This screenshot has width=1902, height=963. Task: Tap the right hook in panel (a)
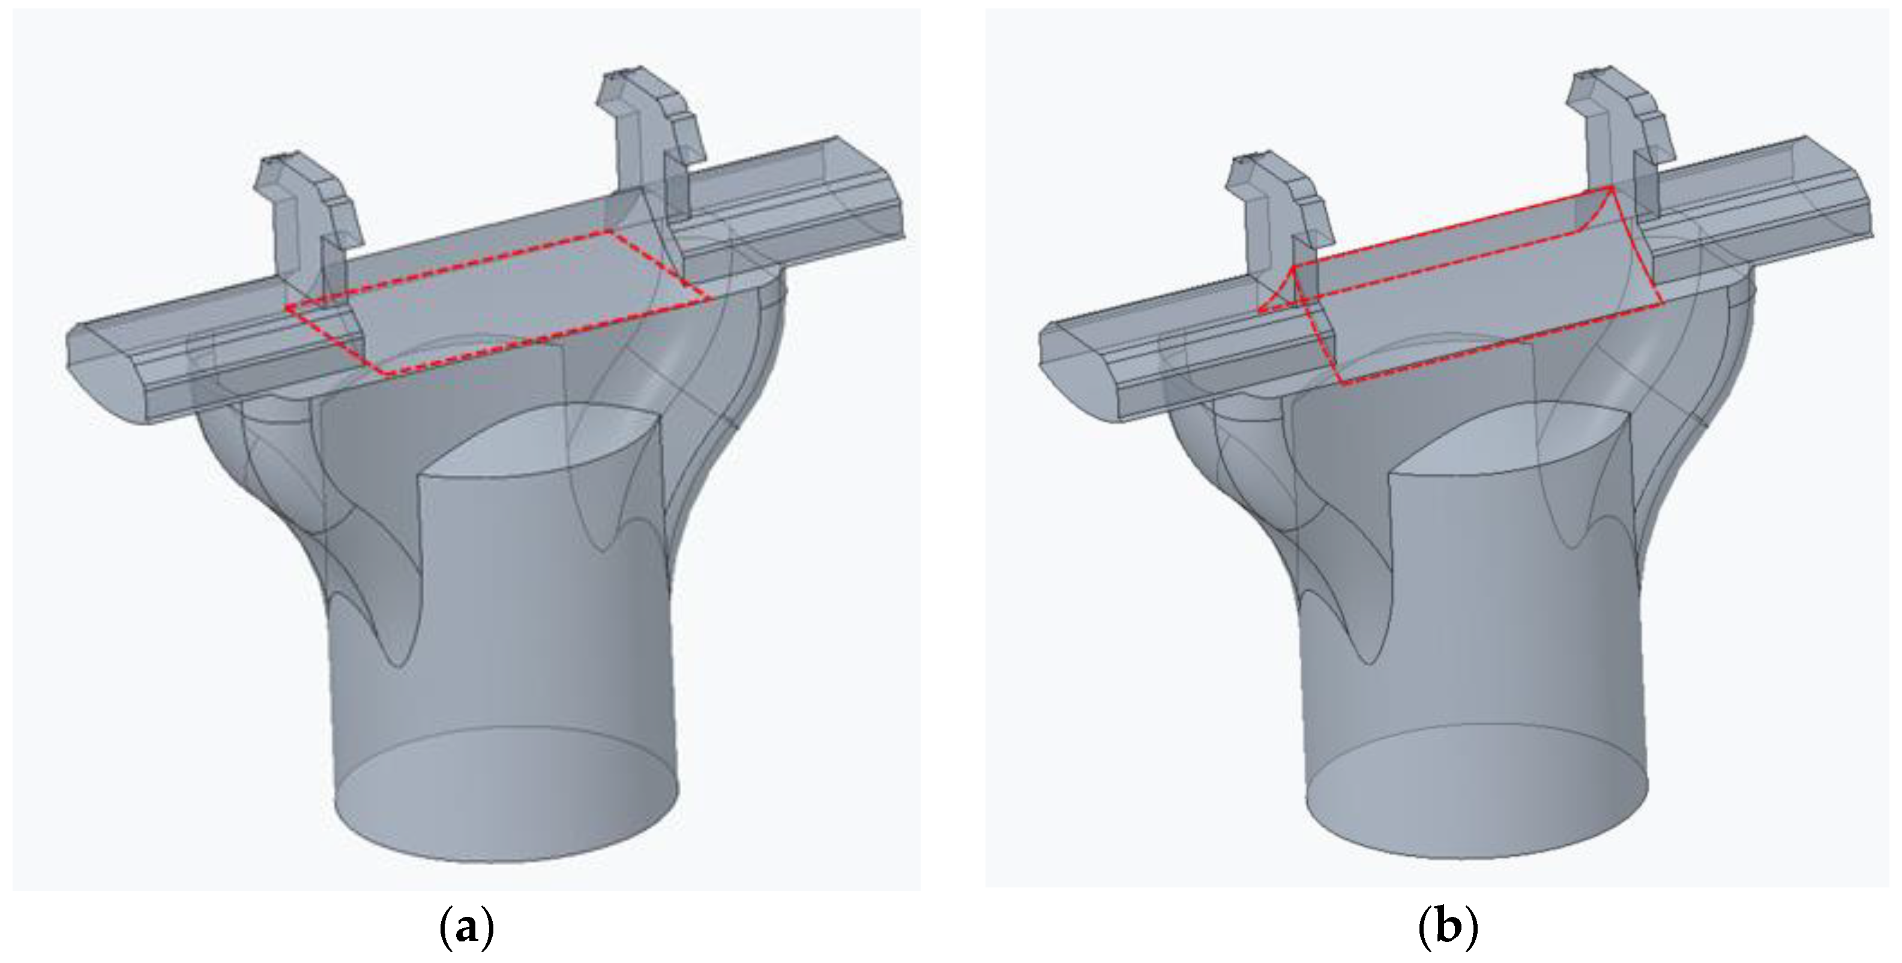coord(650,133)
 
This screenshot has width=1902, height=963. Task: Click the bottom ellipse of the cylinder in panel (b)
coord(1476,801)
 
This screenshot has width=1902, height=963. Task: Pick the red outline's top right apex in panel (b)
coord(1610,189)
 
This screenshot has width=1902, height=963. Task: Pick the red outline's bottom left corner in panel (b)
coord(1341,384)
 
